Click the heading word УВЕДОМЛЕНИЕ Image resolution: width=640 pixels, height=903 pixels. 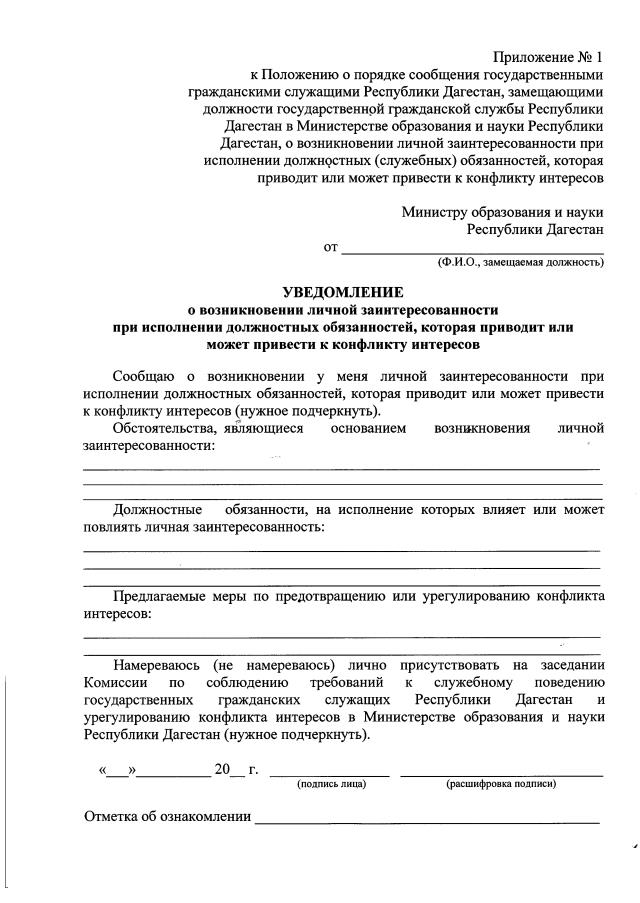[x=343, y=293]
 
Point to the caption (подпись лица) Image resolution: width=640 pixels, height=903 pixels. [x=332, y=783]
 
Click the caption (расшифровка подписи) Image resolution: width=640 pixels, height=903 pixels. [x=501, y=783]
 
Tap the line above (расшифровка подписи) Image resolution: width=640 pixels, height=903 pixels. [x=501, y=774]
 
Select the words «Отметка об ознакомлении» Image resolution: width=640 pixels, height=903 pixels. [x=167, y=816]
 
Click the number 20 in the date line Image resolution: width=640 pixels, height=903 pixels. [x=221, y=769]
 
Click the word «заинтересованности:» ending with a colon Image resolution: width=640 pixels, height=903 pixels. [x=155, y=445]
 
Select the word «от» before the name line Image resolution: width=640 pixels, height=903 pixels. [x=331, y=246]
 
